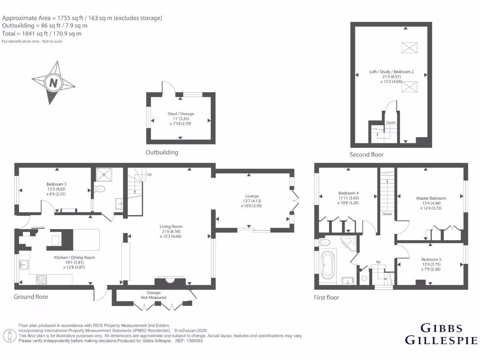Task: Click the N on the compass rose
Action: point(53,83)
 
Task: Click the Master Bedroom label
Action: point(431,198)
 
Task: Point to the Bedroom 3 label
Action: point(56,184)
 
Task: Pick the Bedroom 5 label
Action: point(430,259)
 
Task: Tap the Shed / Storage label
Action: point(180,114)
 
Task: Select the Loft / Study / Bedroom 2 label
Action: point(391,72)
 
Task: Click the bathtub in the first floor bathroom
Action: point(327,265)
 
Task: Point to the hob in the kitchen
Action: point(41,279)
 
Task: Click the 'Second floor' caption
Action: point(367,155)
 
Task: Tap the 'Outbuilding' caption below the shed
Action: point(162,152)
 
